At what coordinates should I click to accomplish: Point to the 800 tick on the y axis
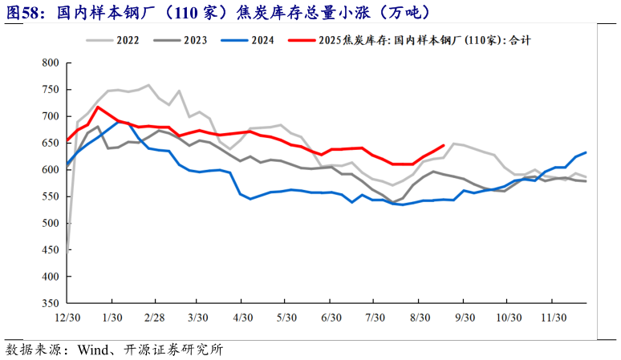[x=51, y=63]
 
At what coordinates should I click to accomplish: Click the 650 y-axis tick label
[x=51, y=143]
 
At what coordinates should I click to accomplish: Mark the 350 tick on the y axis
[x=51, y=303]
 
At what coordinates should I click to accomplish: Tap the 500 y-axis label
[x=51, y=223]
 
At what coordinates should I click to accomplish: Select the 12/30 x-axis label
[x=67, y=317]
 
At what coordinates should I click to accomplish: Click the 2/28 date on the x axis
[x=154, y=317]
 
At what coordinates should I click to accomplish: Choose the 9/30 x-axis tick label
[x=465, y=317]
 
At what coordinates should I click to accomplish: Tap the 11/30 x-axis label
[x=554, y=317]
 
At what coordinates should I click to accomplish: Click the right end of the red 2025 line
[x=444, y=145]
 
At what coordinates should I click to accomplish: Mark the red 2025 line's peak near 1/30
[x=98, y=107]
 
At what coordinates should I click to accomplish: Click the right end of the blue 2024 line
[x=586, y=152]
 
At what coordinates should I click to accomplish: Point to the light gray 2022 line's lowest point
[x=68, y=253]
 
